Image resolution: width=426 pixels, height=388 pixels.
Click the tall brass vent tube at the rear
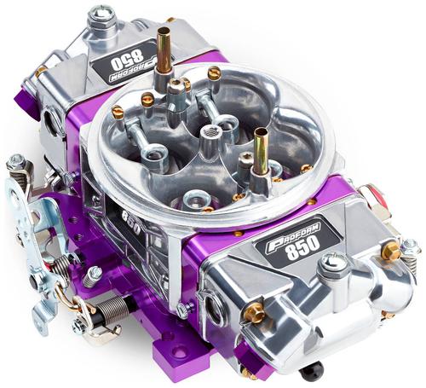click(x=164, y=51)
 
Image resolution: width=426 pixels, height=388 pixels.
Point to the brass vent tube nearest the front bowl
click(x=261, y=152)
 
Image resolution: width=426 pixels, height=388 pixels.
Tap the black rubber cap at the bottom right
click(x=312, y=370)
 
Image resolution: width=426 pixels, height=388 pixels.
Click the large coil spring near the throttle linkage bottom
click(x=112, y=310)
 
